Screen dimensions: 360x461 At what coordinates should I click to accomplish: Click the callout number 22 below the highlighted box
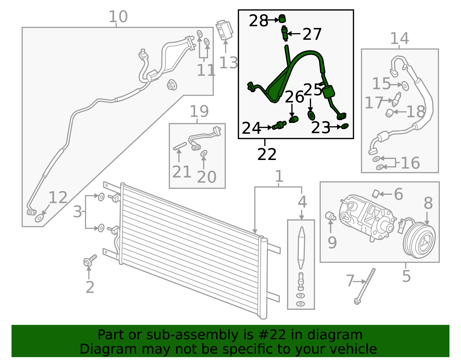click(x=267, y=154)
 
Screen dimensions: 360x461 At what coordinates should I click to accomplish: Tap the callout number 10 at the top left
click(x=118, y=17)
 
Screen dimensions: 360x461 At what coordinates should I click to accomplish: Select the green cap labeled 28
click(x=282, y=19)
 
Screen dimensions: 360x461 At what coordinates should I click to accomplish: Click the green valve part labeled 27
click(x=285, y=33)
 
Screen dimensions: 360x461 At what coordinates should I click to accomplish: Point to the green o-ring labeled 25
click(x=311, y=115)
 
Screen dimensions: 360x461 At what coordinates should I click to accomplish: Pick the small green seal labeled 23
click(x=345, y=126)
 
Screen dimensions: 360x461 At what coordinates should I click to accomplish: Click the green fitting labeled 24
click(x=279, y=125)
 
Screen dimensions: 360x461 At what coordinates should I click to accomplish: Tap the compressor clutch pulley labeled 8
click(x=419, y=240)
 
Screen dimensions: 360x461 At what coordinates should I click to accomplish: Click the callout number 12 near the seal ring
click(x=58, y=198)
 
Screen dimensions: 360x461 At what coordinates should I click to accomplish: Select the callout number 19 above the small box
click(x=199, y=112)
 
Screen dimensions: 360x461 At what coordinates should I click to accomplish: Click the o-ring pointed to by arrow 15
click(x=405, y=86)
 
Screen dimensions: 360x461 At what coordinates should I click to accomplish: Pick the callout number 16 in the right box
click(x=410, y=163)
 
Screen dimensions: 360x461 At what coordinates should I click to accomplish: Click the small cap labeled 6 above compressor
click(x=375, y=194)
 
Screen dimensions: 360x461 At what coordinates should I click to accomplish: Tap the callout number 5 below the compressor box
click(x=406, y=276)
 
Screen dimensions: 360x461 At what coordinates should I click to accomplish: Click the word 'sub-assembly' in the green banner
click(x=190, y=335)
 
